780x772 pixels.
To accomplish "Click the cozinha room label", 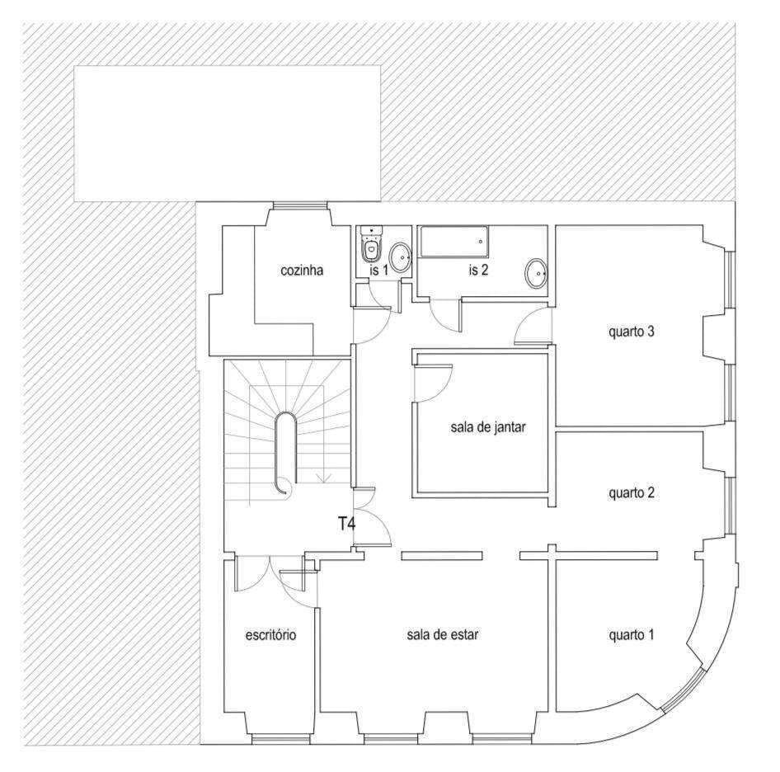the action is (x=302, y=271).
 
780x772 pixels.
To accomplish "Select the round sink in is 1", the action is (x=399, y=257).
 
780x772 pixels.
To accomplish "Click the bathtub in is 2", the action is (x=453, y=242).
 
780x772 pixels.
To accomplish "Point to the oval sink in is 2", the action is (x=536, y=273).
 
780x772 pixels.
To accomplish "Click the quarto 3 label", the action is (x=631, y=332).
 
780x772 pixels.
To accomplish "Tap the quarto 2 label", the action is (x=631, y=492).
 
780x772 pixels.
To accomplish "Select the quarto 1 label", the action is (x=631, y=634).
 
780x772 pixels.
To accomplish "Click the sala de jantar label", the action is (x=487, y=427).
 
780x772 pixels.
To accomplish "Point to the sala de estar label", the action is (x=442, y=634).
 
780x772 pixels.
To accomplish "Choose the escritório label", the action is (x=270, y=634).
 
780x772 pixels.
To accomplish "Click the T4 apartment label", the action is (x=347, y=524).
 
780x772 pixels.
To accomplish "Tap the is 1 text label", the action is (x=379, y=271).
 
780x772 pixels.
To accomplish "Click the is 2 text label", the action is (x=478, y=271).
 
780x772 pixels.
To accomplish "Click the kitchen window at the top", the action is (x=300, y=205).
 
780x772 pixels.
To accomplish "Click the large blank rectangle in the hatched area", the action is (x=228, y=134).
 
